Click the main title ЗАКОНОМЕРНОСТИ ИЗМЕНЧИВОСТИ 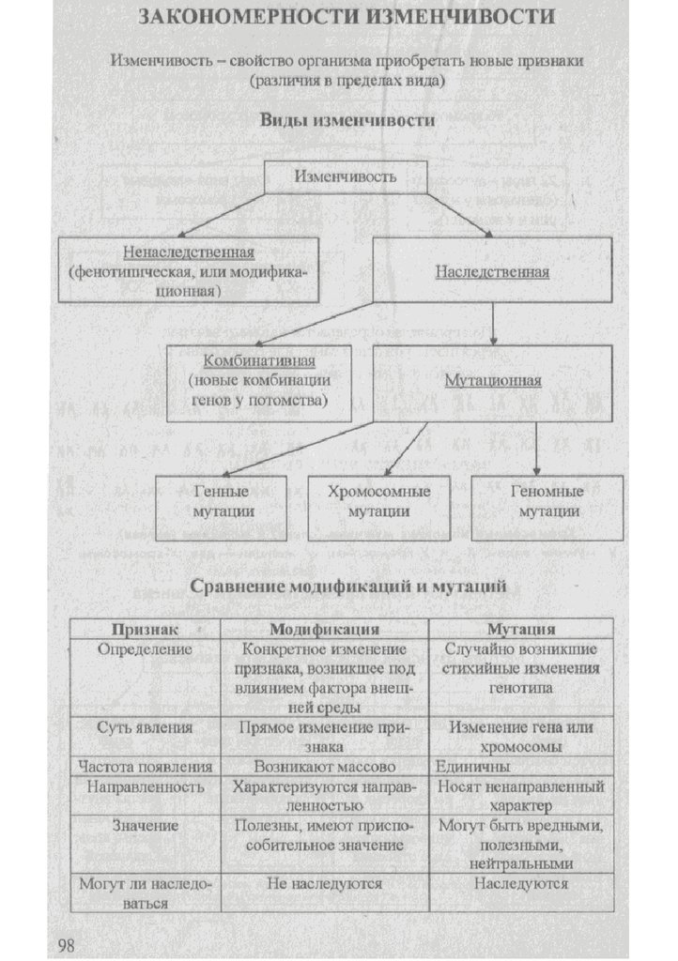pos(347,18)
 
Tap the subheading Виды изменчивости pos(347,121)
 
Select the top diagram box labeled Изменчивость pos(346,176)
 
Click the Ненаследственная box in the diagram pos(188,269)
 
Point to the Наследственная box pos(492,270)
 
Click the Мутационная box pos(492,382)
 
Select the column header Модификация pos(324,628)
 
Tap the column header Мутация pos(521,628)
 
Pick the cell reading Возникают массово pos(324,766)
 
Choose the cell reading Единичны pos(466,766)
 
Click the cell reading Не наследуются pos(324,883)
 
